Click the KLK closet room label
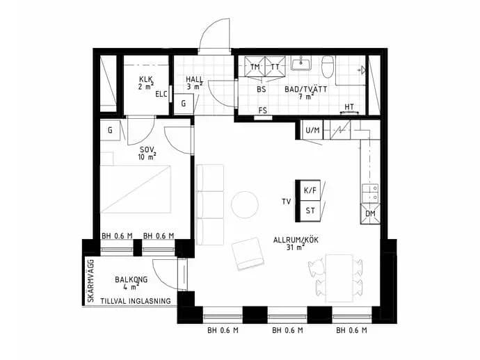(x=146, y=79)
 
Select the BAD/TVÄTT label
(x=306, y=90)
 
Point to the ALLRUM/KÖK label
(x=296, y=240)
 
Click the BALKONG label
(x=131, y=279)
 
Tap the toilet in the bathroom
(x=327, y=67)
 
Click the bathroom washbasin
(x=301, y=63)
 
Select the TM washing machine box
(x=255, y=67)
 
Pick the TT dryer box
(x=275, y=67)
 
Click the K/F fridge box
(x=310, y=190)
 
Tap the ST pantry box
(x=310, y=211)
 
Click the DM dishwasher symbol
(x=370, y=213)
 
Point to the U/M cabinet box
(x=312, y=130)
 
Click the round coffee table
(x=245, y=204)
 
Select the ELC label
(x=161, y=94)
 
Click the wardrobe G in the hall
(x=184, y=104)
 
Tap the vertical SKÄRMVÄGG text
(x=90, y=281)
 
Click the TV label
(x=286, y=202)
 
